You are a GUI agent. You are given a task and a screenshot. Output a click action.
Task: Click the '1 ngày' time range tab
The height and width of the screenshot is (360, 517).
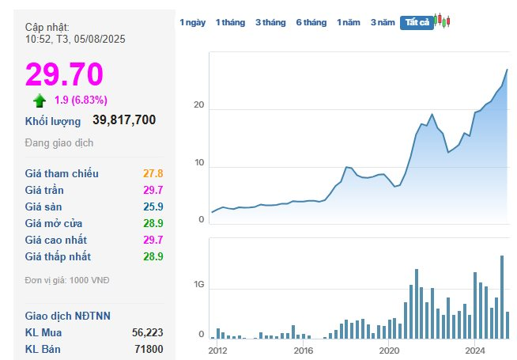click(192, 22)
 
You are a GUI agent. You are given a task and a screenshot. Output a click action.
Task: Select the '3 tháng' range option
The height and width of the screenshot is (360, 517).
click(270, 22)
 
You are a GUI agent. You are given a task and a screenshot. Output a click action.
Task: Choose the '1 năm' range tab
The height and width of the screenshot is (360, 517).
click(349, 22)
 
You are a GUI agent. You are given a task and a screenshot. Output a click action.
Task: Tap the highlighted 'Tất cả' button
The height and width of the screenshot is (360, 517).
click(417, 22)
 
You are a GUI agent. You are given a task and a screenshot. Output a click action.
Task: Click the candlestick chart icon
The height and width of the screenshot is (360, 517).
click(443, 21)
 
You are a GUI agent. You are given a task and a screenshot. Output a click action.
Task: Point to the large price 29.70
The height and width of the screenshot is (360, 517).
click(65, 74)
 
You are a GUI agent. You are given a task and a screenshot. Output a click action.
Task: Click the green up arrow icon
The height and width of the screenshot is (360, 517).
click(40, 100)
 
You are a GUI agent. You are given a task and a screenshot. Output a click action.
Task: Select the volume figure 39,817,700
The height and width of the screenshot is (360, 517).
click(124, 120)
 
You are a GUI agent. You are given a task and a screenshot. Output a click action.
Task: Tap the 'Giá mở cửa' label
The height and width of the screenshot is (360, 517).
click(54, 223)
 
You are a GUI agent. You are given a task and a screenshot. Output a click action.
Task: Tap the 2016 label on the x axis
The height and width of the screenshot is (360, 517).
click(303, 350)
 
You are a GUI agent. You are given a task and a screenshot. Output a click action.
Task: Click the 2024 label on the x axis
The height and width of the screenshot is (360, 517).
click(474, 350)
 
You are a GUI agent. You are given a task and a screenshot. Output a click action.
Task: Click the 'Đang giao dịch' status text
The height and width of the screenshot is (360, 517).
click(59, 143)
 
